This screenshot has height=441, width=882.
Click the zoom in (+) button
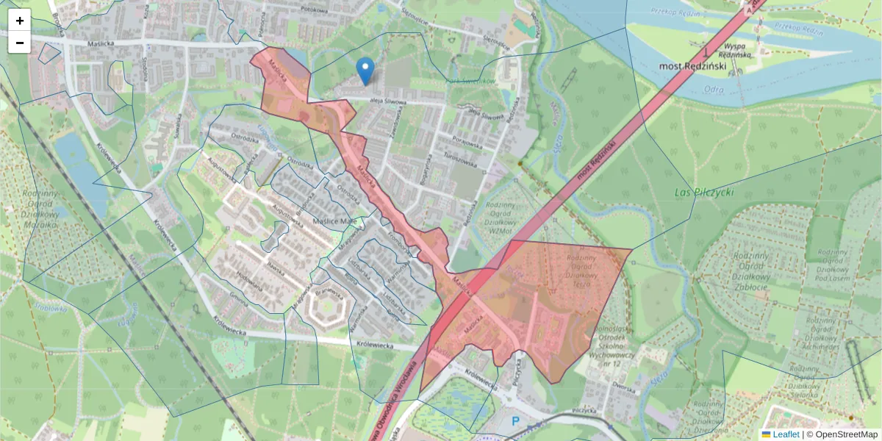tap(20, 21)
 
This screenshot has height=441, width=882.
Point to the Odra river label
tap(714, 90)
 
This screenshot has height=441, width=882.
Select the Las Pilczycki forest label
tap(704, 192)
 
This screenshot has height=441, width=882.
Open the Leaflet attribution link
tap(786, 434)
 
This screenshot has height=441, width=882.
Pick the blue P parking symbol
tap(515, 421)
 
